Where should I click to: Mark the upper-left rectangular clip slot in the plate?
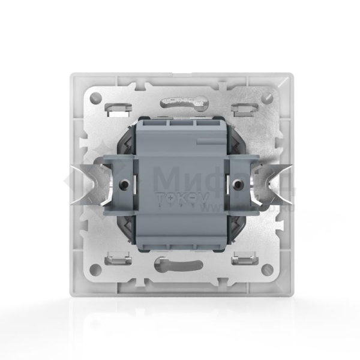(121, 109)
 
